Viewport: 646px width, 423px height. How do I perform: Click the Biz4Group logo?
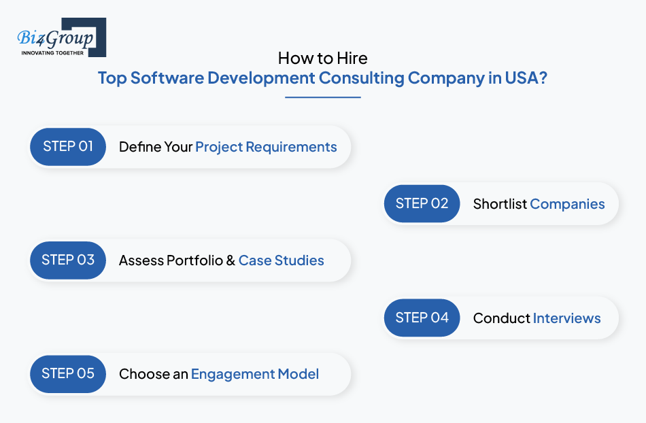62,37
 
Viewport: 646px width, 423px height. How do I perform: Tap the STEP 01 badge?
68,147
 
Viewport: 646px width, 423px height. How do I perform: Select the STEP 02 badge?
422,203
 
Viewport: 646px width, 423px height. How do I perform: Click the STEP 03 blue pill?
68,260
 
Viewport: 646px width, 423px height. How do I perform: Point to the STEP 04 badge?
422,318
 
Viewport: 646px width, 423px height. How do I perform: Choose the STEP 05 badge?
68,374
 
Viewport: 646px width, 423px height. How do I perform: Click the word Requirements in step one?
291,147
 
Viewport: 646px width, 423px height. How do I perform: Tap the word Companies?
567,204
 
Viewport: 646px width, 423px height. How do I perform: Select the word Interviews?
566,318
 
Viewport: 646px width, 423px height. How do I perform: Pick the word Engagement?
233,375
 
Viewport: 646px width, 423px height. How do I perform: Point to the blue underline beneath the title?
323,97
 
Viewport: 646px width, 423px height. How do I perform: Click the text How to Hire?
322,58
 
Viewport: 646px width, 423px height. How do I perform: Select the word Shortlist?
500,204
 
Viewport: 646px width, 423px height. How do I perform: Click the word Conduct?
501,318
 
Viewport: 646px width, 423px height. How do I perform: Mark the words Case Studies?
282,260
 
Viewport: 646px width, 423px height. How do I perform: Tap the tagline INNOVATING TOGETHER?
52,53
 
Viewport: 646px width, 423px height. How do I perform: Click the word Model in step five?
299,374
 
